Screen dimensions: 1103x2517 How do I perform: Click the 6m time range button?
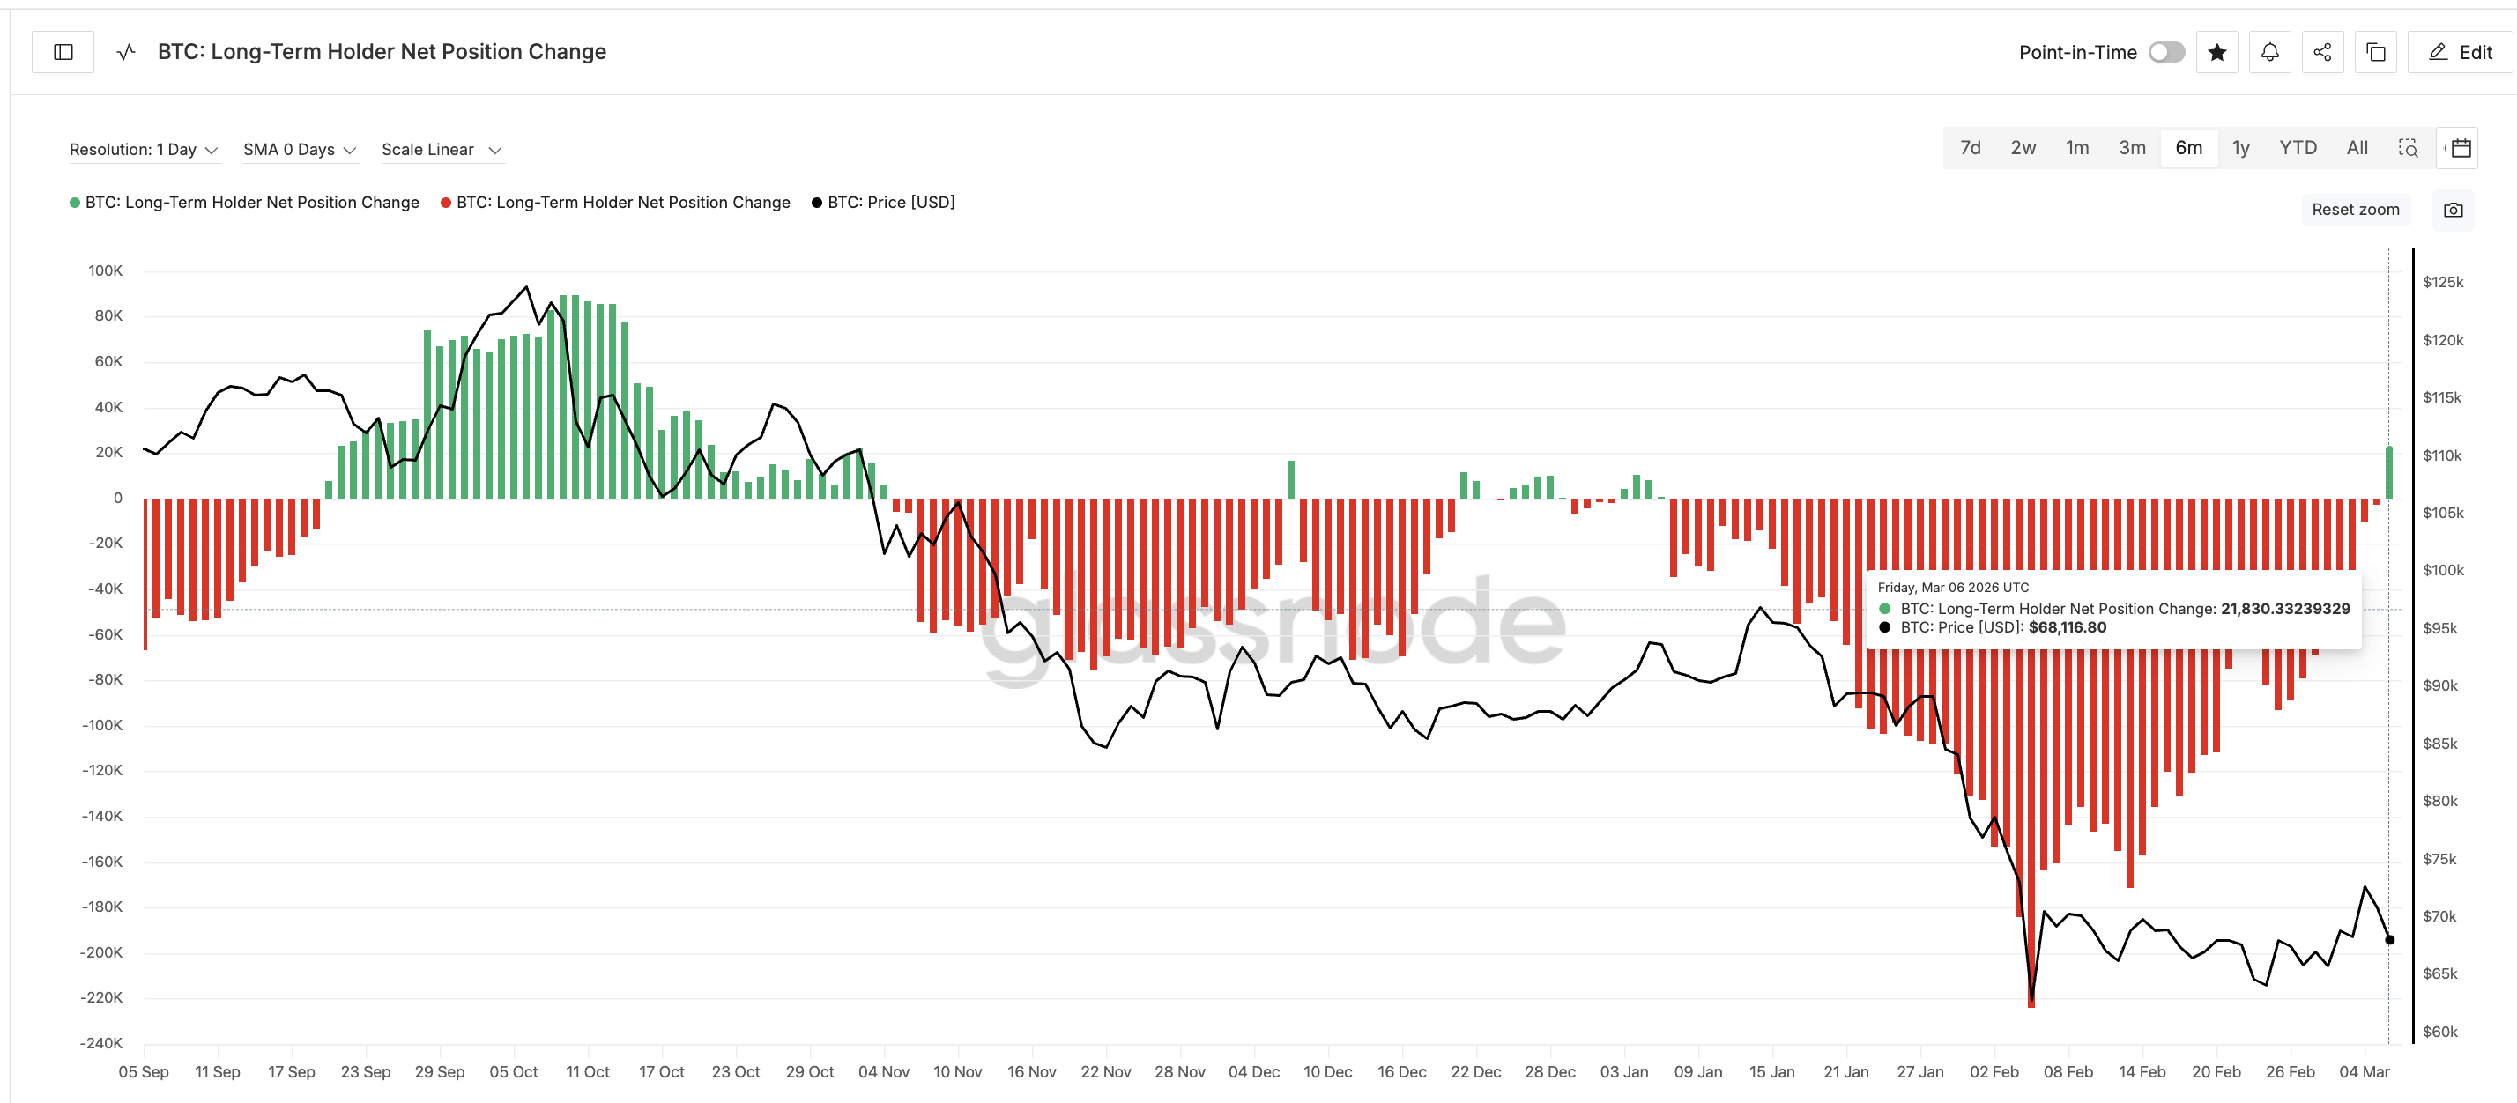(x=2187, y=147)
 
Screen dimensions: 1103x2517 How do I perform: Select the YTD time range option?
(x=2298, y=147)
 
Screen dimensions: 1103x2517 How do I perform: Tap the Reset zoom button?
(x=2355, y=209)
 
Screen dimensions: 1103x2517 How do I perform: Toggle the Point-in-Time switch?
(x=2166, y=52)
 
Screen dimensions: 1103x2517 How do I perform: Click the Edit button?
(x=2461, y=52)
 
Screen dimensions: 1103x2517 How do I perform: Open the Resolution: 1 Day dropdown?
(x=143, y=150)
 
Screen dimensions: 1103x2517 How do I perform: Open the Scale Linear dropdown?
(x=441, y=150)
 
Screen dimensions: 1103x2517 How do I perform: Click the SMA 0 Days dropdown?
(x=299, y=150)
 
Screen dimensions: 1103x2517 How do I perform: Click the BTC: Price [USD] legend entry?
(x=890, y=203)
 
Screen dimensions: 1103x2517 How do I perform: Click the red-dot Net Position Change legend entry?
(x=622, y=203)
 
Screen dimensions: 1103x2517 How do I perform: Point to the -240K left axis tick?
(x=101, y=1042)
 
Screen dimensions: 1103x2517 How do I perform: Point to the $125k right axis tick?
(x=2443, y=282)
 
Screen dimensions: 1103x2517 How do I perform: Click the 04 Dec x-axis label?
(x=1253, y=1072)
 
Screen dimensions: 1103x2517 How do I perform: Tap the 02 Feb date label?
(x=1994, y=1072)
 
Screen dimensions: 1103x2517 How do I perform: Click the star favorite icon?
(x=2217, y=52)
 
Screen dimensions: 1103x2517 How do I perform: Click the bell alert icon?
(x=2270, y=52)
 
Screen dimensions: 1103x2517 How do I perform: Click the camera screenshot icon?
(x=2453, y=210)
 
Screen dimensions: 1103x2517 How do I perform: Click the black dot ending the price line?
(x=2390, y=940)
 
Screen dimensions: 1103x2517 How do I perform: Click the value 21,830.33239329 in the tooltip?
(x=2284, y=609)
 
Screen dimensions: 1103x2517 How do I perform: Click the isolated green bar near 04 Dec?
(x=1291, y=479)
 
